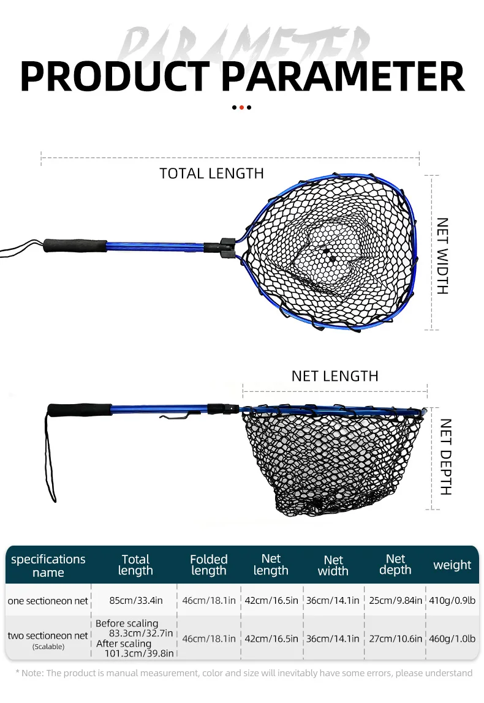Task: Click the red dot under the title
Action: point(241,108)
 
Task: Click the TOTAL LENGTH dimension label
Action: point(212,173)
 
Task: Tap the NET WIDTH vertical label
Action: point(443,256)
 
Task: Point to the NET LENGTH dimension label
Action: point(335,376)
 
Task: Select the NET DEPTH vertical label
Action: point(445,456)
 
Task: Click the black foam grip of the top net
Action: point(75,245)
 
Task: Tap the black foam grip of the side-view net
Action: point(80,410)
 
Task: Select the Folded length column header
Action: point(208,565)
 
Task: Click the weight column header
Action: point(452,565)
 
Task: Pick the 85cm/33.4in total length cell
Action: point(136,600)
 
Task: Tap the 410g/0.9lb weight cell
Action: point(452,600)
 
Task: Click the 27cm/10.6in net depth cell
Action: point(396,639)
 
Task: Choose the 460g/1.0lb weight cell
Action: point(452,639)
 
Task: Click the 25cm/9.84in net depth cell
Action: point(396,600)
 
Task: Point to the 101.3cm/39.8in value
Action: point(139,653)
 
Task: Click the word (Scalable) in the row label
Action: point(48,647)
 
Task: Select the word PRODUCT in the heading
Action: point(115,77)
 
